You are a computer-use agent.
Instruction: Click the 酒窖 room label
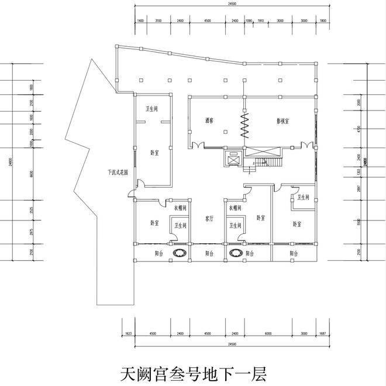(x=209, y=121)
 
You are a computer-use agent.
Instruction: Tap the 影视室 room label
(x=284, y=121)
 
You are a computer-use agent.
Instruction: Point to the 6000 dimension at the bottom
(x=268, y=333)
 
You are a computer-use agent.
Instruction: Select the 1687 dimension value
(x=323, y=333)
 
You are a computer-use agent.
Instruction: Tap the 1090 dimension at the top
(x=248, y=21)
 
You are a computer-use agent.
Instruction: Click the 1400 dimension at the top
(x=140, y=21)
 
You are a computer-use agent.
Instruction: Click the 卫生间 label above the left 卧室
(x=151, y=109)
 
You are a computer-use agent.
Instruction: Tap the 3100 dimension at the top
(x=158, y=21)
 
